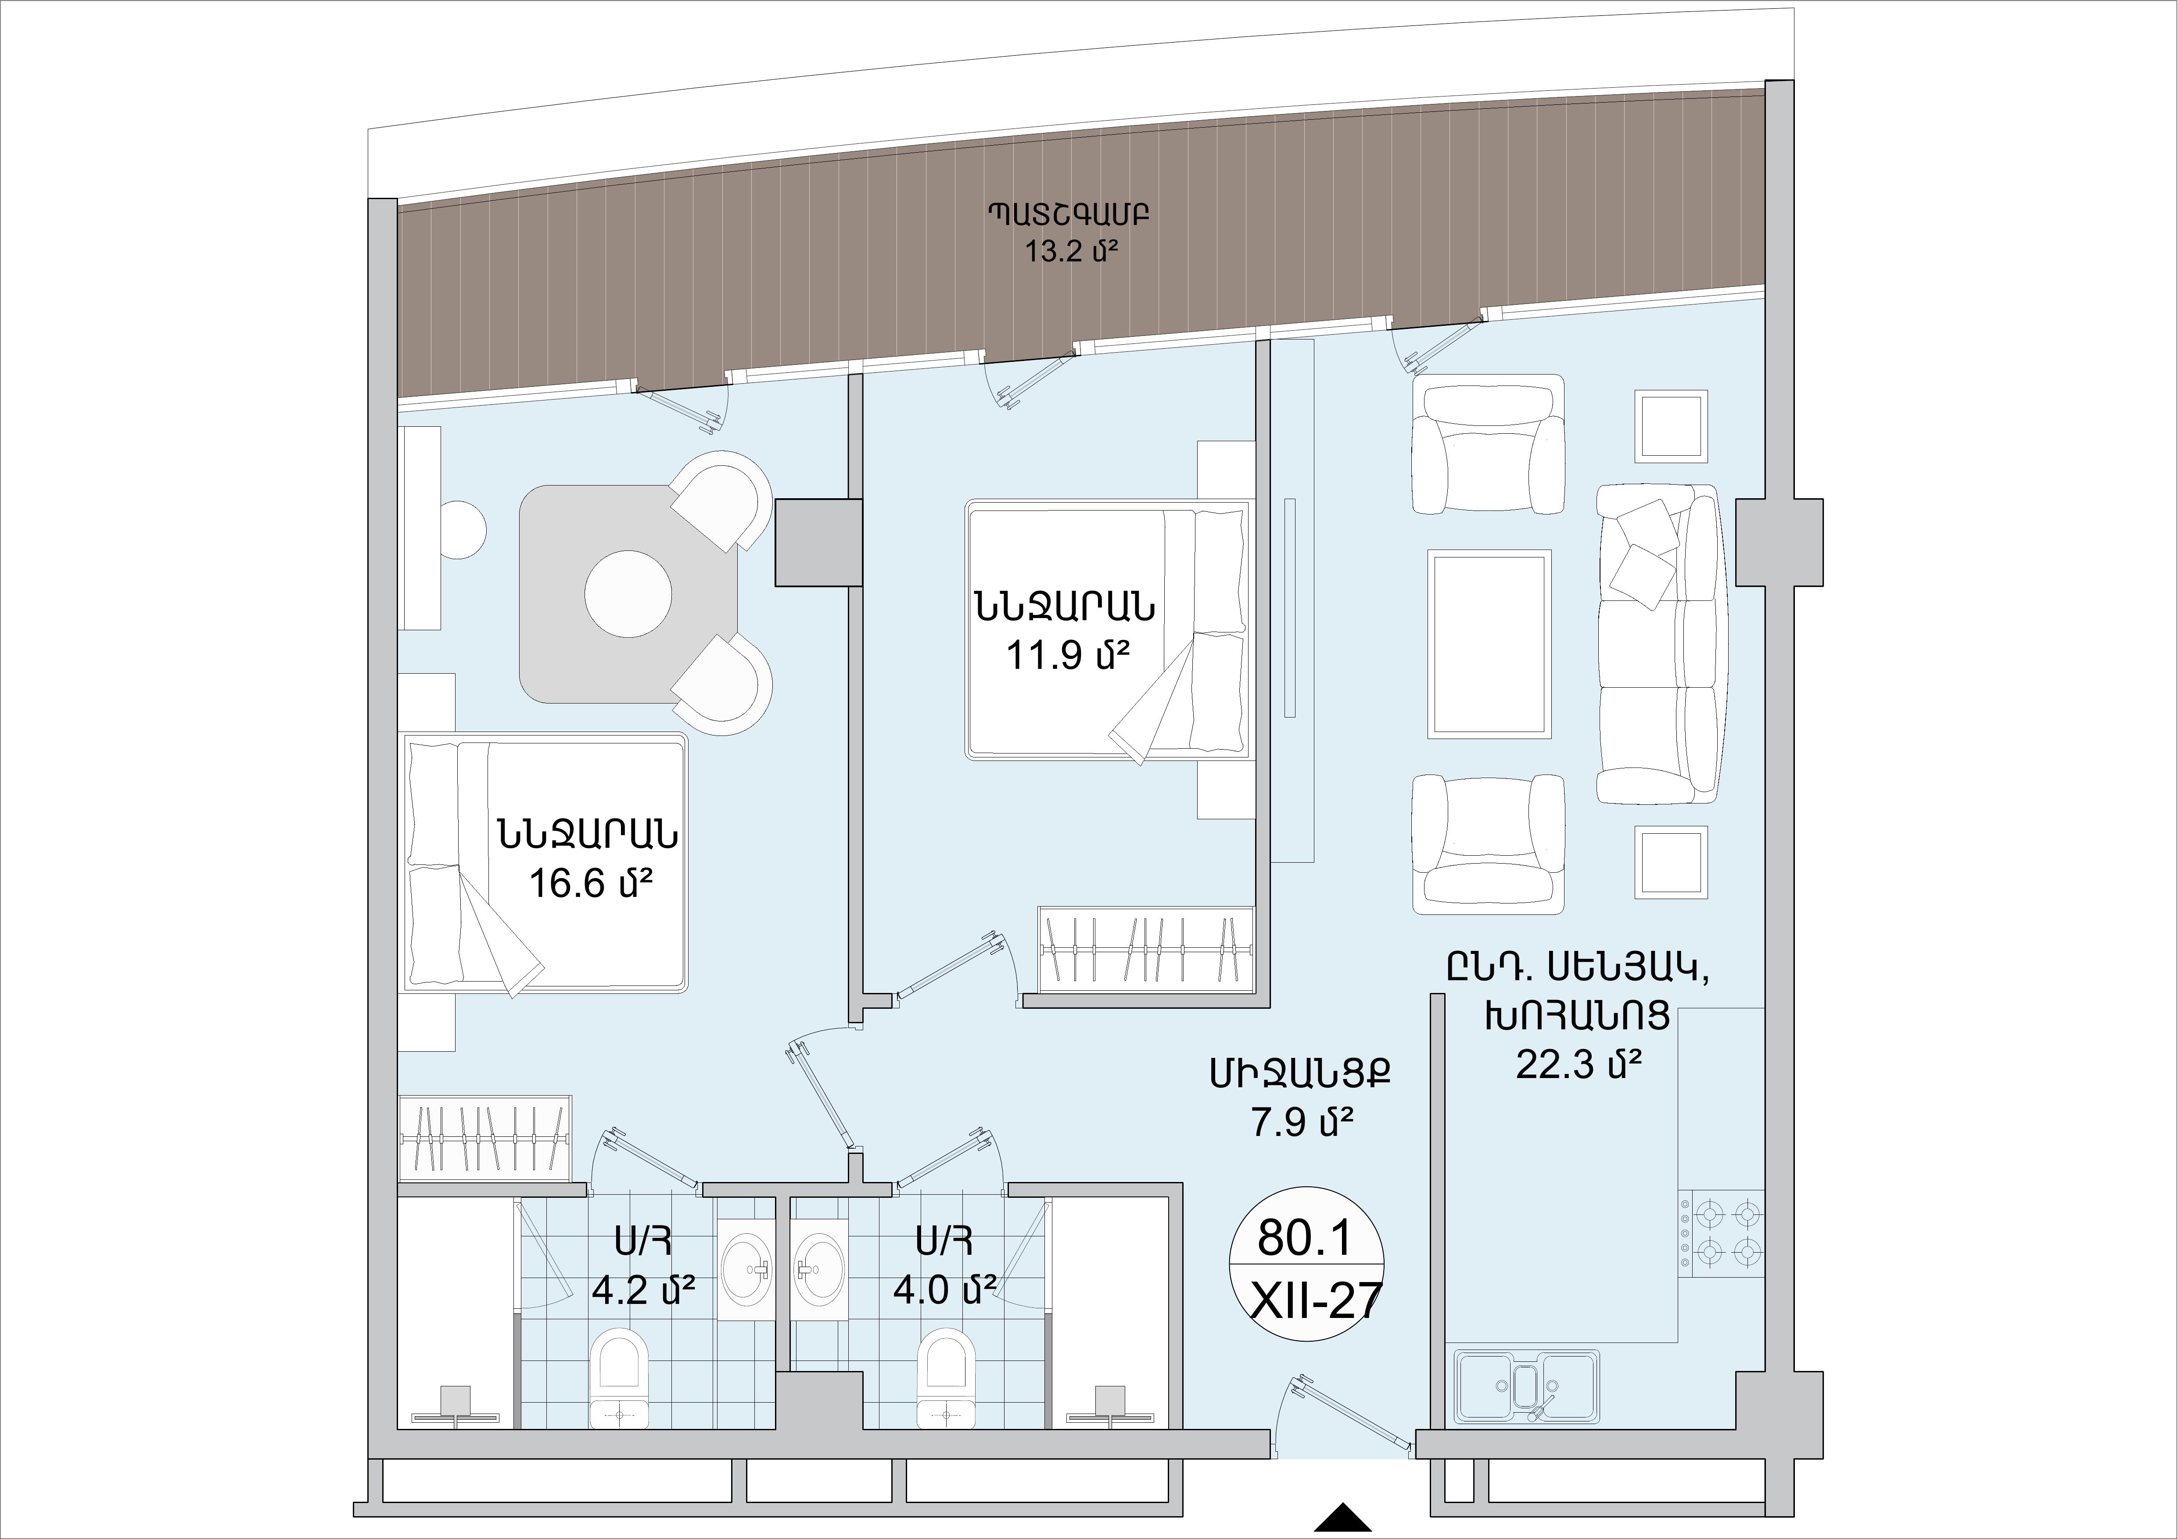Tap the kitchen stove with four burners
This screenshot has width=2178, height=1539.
click(x=1721, y=1235)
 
